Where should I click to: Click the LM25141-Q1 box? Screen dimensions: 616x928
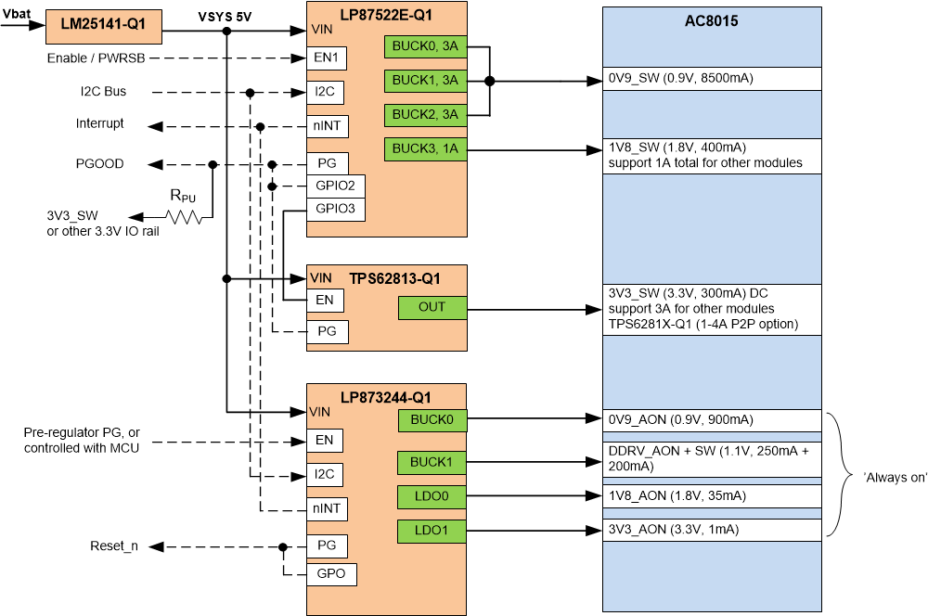(104, 27)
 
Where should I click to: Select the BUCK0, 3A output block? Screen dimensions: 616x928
(425, 47)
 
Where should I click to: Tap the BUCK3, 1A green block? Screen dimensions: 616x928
(425, 149)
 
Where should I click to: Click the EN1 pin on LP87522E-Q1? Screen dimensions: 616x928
(328, 58)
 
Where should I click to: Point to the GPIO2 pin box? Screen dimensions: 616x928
(336, 186)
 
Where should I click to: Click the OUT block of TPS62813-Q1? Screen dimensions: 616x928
(432, 307)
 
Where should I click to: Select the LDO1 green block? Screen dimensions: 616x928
(432, 532)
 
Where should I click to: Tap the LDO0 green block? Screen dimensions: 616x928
(432, 496)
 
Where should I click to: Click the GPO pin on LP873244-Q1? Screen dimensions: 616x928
(331, 574)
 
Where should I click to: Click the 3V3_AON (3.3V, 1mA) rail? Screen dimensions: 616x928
(675, 530)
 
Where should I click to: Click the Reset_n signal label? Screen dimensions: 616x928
(113, 545)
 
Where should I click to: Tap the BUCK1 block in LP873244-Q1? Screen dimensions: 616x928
(432, 461)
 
